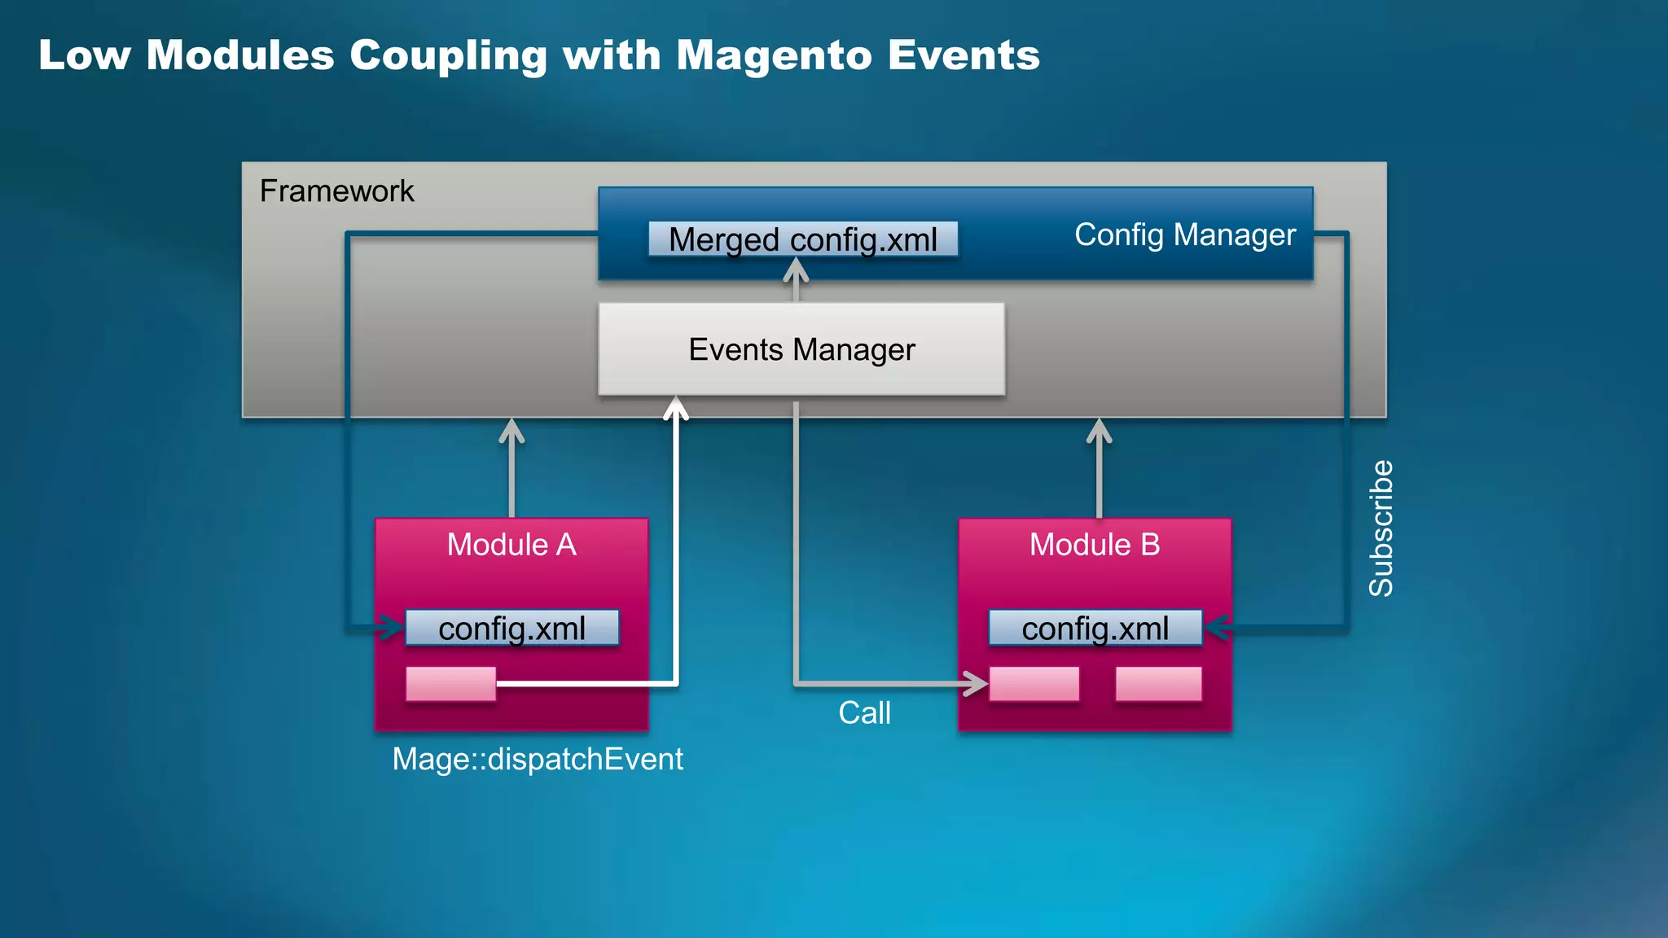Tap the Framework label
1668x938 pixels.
point(336,191)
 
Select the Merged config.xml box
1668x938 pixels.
point(802,239)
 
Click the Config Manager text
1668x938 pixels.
point(1184,234)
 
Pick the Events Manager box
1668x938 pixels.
point(801,349)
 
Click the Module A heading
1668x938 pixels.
point(511,545)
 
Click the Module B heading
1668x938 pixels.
point(1094,545)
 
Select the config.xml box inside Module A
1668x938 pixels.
point(511,628)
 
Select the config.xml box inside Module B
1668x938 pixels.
point(1095,628)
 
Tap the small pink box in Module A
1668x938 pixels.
point(450,684)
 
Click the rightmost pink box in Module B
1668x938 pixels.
point(1158,684)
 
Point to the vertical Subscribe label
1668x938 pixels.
point(1381,528)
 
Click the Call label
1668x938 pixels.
point(864,713)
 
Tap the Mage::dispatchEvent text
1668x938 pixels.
point(538,759)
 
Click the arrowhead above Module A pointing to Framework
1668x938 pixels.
point(511,429)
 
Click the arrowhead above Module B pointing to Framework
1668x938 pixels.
point(1099,429)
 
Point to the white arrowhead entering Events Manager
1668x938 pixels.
point(676,406)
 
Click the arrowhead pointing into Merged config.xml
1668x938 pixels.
point(796,269)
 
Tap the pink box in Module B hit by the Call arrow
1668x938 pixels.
point(1034,684)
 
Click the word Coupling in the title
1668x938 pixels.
point(448,55)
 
